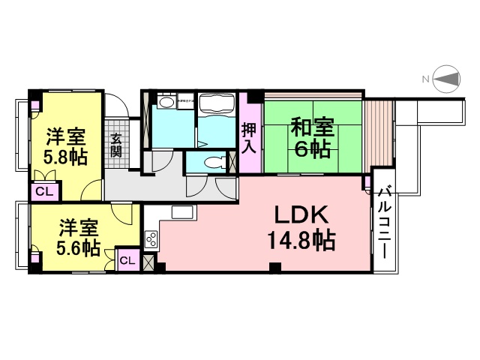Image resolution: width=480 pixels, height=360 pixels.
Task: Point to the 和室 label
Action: [311, 126]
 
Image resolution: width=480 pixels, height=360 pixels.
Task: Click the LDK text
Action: [301, 217]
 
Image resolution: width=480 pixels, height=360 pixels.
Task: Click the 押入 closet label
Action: [249, 137]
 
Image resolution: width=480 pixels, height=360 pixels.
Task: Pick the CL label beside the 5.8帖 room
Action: [44, 191]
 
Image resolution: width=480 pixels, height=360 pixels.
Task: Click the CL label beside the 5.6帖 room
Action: [127, 260]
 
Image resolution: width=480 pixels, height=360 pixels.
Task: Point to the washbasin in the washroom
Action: [166, 102]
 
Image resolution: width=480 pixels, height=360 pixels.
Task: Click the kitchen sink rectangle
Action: [183, 211]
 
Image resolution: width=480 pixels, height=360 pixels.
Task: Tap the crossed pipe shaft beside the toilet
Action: [232, 162]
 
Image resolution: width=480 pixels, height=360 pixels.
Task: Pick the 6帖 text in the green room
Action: [311, 149]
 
